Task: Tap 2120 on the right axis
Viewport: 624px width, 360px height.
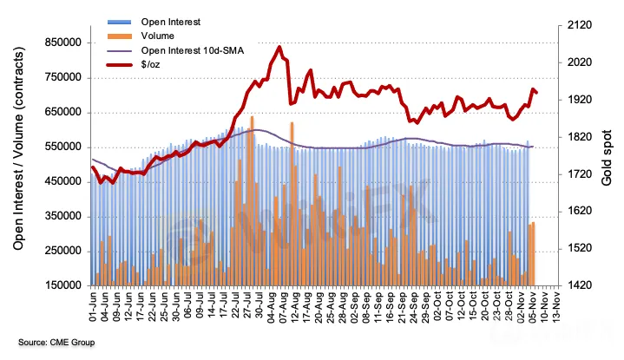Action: pos(577,27)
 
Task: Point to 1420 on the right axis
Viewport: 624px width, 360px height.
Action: pos(577,285)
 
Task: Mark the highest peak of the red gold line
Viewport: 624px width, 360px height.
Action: pos(279,48)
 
